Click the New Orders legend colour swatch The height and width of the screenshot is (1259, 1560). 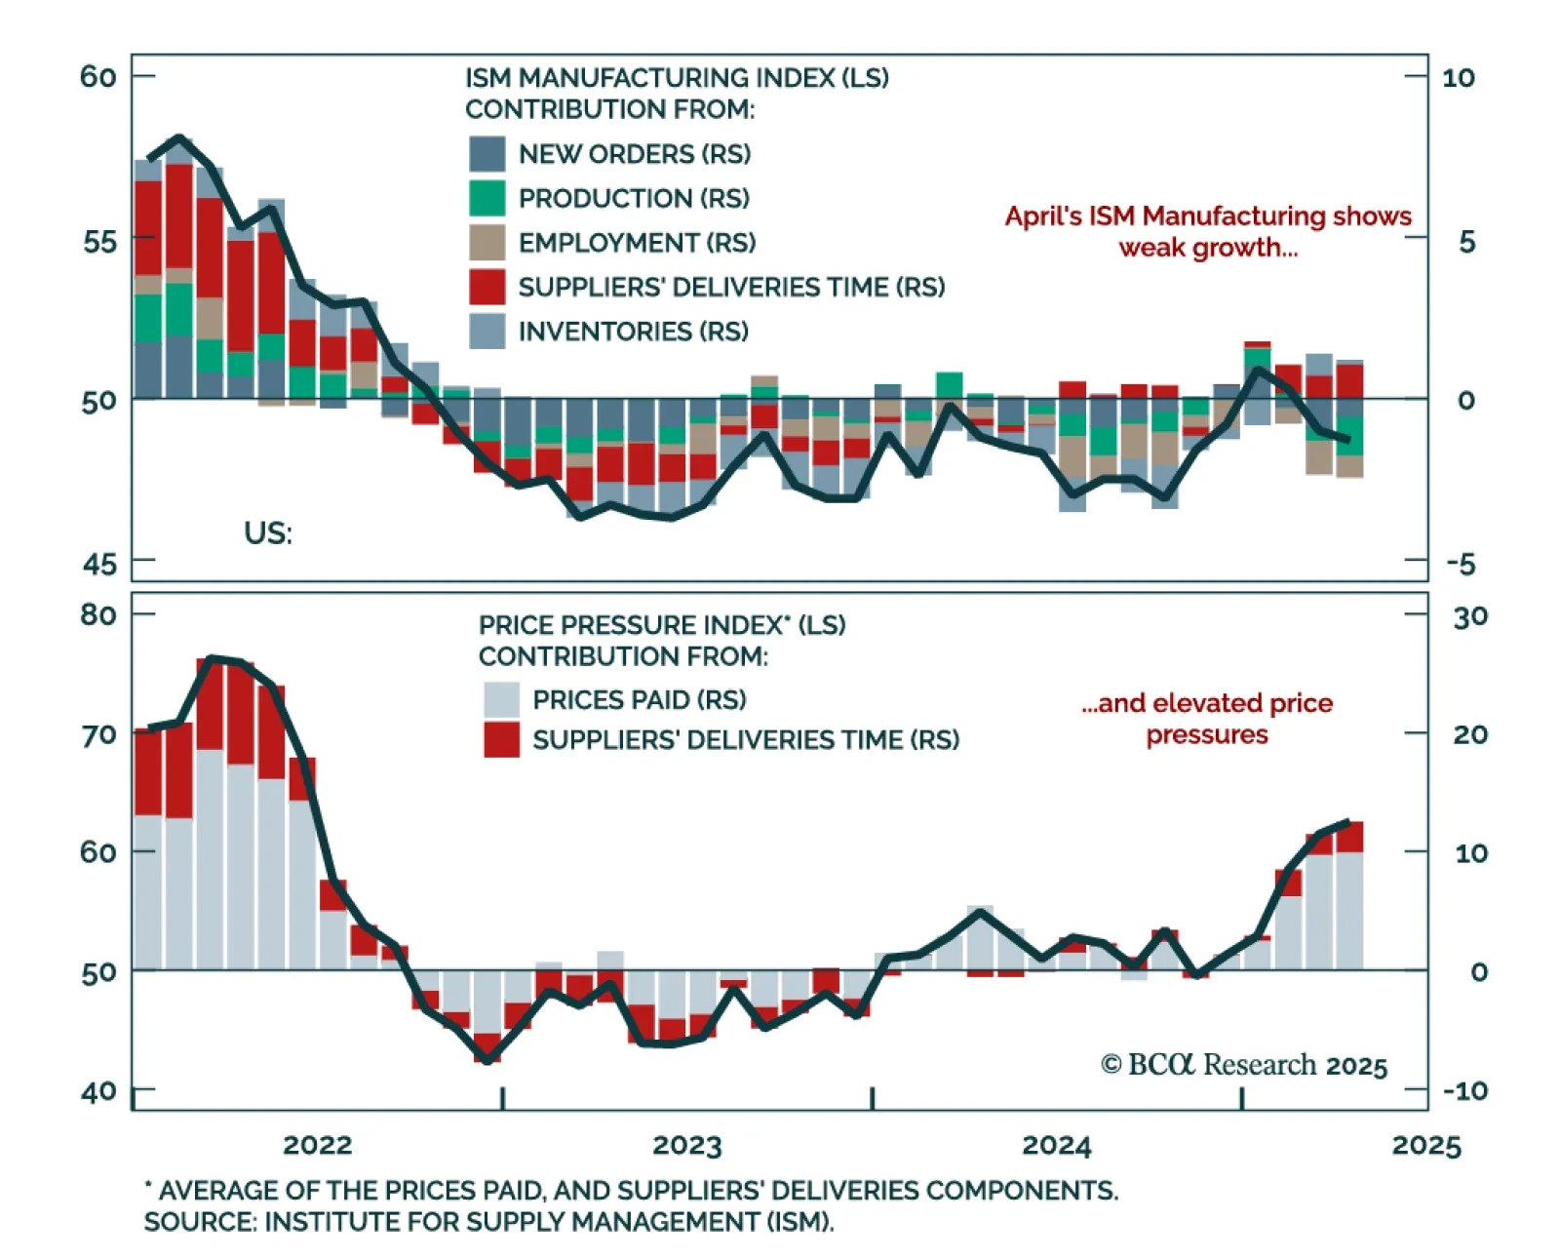click(x=487, y=154)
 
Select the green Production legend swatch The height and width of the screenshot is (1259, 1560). click(x=487, y=198)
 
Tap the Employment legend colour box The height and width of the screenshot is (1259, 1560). click(x=487, y=242)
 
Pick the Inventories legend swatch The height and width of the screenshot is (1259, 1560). click(x=487, y=332)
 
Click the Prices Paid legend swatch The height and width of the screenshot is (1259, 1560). click(x=501, y=699)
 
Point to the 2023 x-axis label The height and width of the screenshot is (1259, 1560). click(x=686, y=1145)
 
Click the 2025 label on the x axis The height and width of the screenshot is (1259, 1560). click(x=1425, y=1145)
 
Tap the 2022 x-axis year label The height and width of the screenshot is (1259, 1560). click(x=317, y=1145)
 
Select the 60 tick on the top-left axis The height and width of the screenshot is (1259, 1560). click(x=98, y=76)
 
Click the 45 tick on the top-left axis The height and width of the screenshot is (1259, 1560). click(x=99, y=564)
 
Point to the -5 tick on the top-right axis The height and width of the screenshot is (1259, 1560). click(x=1461, y=564)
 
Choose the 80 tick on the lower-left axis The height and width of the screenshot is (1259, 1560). click(x=98, y=615)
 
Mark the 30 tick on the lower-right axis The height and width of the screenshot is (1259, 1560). click(x=1470, y=616)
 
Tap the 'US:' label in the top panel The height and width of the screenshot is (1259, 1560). click(x=267, y=533)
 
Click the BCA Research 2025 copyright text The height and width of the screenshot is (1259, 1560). click(x=1243, y=1065)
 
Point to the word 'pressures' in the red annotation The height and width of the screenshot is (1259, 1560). click(x=1207, y=734)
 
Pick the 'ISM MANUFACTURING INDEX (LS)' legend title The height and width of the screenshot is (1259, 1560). click(x=677, y=78)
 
